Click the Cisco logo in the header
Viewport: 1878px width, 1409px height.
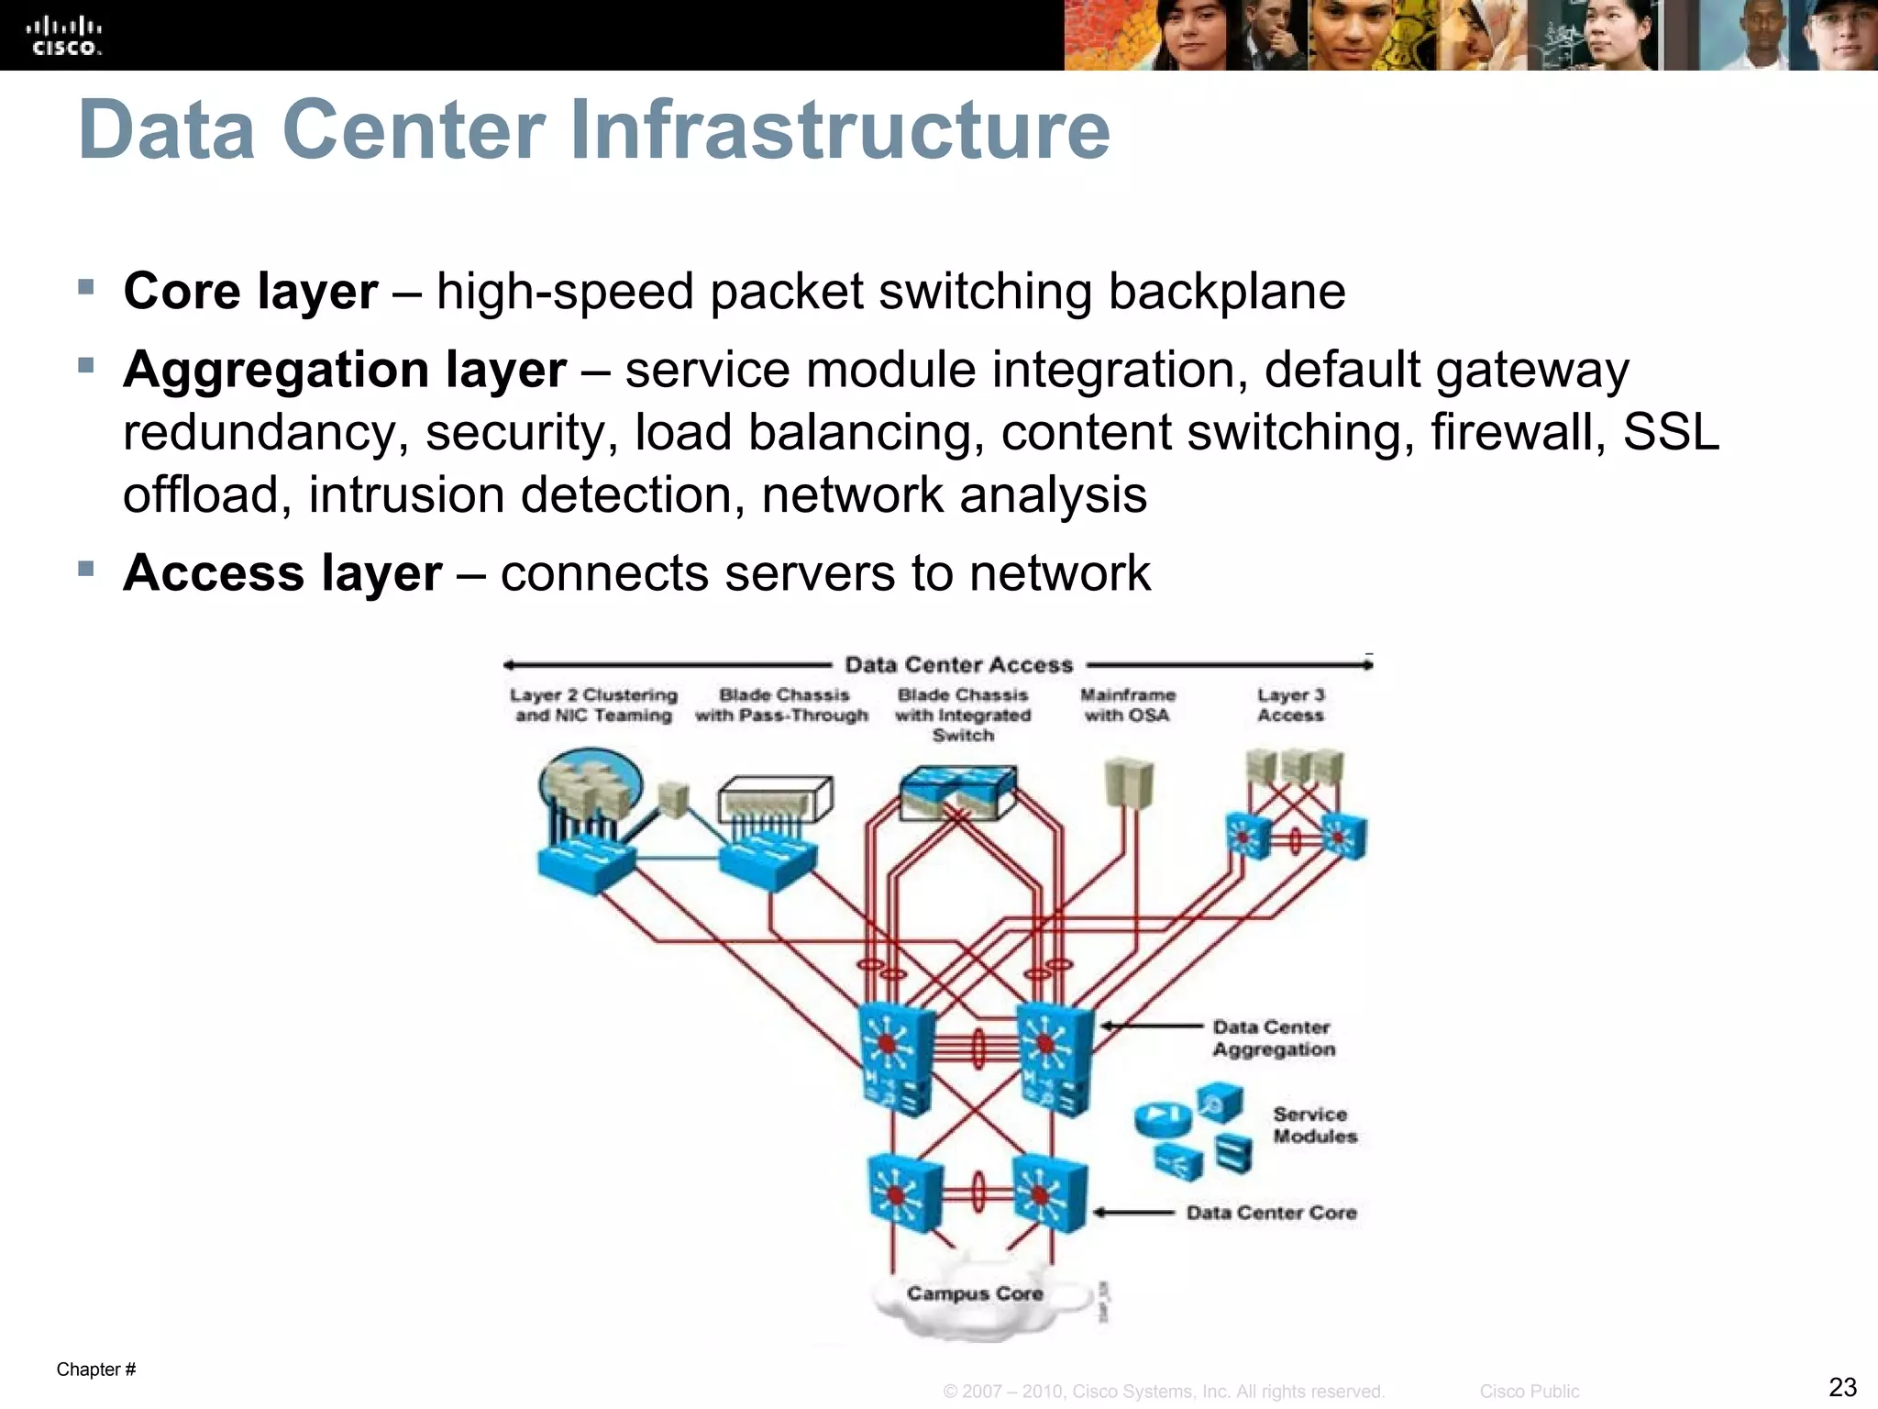(64, 37)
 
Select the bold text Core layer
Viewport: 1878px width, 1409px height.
(250, 292)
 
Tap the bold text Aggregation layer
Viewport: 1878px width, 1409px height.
(345, 370)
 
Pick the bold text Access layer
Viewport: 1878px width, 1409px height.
(282, 573)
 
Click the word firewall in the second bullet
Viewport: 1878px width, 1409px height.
(1518, 432)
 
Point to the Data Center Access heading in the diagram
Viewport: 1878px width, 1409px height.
(958, 665)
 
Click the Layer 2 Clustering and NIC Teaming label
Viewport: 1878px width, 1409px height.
(593, 705)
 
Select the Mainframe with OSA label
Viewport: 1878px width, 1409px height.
(1127, 705)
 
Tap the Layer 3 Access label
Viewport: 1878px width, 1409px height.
(1290, 705)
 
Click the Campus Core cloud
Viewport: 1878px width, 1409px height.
(975, 1294)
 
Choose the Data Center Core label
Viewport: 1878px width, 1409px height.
(1271, 1213)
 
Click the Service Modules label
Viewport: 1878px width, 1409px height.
(1314, 1126)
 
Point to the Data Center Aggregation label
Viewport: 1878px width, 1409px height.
(1273, 1038)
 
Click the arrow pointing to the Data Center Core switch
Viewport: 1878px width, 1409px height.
(1133, 1213)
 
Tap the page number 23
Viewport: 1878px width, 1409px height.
(1842, 1386)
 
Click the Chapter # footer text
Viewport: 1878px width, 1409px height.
(95, 1370)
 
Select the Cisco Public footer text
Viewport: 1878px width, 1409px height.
(1529, 1392)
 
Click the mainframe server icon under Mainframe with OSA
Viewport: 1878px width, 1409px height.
(1128, 782)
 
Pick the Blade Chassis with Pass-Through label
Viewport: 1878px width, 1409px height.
(782, 705)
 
